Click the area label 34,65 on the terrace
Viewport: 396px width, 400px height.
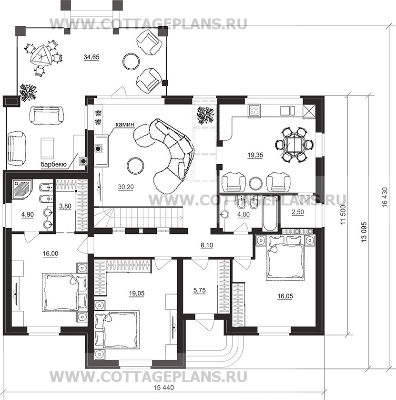click(91, 57)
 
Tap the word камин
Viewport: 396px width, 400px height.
click(125, 125)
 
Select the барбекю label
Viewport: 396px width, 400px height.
click(54, 165)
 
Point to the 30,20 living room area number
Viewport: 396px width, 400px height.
click(126, 187)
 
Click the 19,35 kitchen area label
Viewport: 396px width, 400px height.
click(255, 155)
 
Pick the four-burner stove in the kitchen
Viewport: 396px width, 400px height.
click(254, 110)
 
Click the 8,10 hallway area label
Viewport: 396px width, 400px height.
click(207, 245)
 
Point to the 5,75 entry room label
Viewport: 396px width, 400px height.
click(199, 290)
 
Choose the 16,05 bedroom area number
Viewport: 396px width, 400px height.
click(285, 296)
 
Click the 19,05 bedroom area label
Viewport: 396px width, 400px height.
click(137, 294)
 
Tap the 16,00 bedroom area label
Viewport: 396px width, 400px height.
click(51, 253)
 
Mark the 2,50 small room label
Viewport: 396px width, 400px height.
click(298, 212)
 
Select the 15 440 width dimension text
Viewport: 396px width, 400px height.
click(164, 388)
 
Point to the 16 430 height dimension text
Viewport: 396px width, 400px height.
click(385, 197)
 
